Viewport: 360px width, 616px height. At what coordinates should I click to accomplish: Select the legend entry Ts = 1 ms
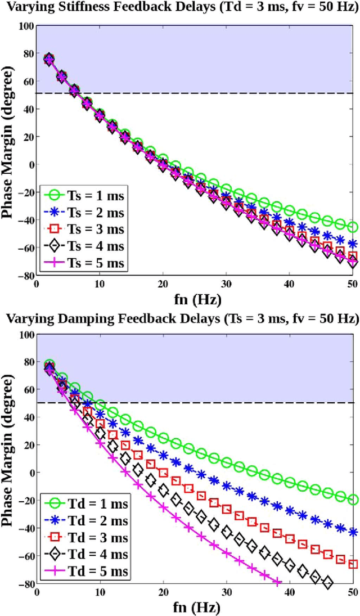[85, 195]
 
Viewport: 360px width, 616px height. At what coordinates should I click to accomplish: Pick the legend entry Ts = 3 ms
[85, 230]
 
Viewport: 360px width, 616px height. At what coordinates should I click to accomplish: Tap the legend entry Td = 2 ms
[85, 520]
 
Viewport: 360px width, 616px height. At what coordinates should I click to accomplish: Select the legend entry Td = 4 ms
[85, 555]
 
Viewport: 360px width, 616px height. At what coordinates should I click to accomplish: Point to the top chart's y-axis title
[9, 149]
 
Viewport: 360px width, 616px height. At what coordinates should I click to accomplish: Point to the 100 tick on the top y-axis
[24, 26]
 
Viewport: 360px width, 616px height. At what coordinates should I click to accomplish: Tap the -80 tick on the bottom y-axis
[24, 583]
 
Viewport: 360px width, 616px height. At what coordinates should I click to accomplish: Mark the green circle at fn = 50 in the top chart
[353, 227]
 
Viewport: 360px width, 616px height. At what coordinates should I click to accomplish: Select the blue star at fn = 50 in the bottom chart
[353, 532]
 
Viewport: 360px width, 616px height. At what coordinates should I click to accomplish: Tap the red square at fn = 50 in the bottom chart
[353, 564]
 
